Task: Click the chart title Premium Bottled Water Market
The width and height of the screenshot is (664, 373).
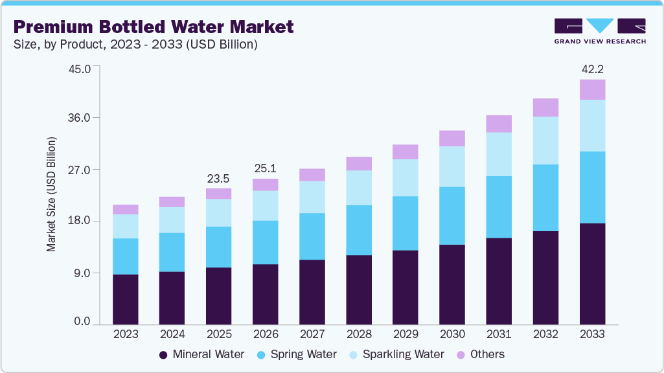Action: [x=154, y=27]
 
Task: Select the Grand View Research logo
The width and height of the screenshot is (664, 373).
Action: [x=599, y=31]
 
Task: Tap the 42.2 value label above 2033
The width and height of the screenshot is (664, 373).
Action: [x=592, y=69]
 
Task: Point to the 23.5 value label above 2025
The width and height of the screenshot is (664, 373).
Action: [x=218, y=178]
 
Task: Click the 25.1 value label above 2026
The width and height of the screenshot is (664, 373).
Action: [x=265, y=168]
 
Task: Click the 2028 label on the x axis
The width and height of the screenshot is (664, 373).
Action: [x=358, y=334]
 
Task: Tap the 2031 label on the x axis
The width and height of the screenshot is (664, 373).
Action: [x=499, y=334]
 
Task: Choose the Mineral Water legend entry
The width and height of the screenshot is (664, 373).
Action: [x=201, y=354]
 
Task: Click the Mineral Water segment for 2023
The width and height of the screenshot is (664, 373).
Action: [x=125, y=299]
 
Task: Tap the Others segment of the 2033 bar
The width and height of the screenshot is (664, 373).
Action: [x=592, y=89]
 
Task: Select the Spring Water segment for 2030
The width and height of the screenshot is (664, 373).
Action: [x=452, y=216]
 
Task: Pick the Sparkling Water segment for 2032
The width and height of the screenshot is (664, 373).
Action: [x=545, y=141]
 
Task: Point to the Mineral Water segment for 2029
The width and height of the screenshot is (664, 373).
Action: [x=406, y=287]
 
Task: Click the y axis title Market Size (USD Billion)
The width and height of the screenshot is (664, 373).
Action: [x=51, y=194]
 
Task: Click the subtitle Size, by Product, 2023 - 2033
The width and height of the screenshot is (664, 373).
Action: [x=136, y=45]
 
